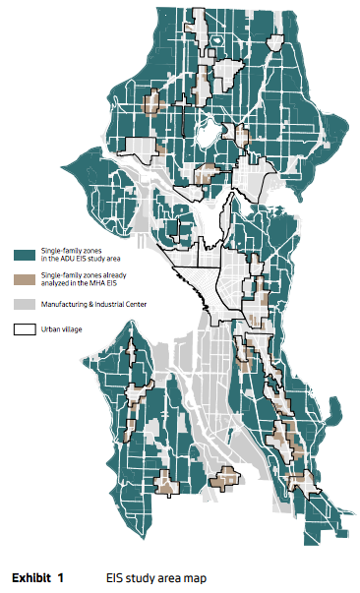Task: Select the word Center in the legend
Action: pyautogui.click(x=138, y=305)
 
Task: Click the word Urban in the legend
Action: pyautogui.click(x=49, y=329)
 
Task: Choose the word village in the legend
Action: pyautogui.click(x=72, y=329)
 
